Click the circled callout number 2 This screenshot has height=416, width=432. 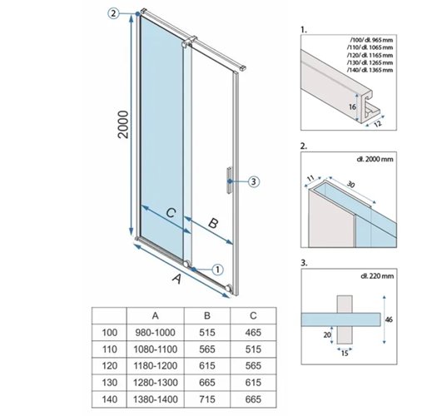(113, 13)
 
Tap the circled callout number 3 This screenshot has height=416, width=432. (253, 182)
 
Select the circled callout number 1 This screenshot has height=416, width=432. (217, 270)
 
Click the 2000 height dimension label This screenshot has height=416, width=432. (123, 125)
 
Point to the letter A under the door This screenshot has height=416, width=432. (177, 279)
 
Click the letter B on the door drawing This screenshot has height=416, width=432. (213, 223)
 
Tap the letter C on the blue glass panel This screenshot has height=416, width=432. (171, 213)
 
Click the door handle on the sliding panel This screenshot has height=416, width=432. (229, 181)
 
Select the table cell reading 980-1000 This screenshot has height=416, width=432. (156, 333)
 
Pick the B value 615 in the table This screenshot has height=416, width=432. (207, 366)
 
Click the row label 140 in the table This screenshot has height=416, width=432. (110, 399)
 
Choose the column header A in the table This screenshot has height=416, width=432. (156, 315)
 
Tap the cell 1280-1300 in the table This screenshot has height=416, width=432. (156, 383)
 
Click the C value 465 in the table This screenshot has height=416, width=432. (253, 333)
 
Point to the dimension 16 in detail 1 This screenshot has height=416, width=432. (352, 106)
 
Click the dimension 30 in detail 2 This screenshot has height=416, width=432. (351, 184)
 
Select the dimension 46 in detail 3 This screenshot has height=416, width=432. (389, 319)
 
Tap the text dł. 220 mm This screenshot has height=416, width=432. (377, 276)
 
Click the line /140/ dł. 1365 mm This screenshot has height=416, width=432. (370, 70)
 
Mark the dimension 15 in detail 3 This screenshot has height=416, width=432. (345, 353)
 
